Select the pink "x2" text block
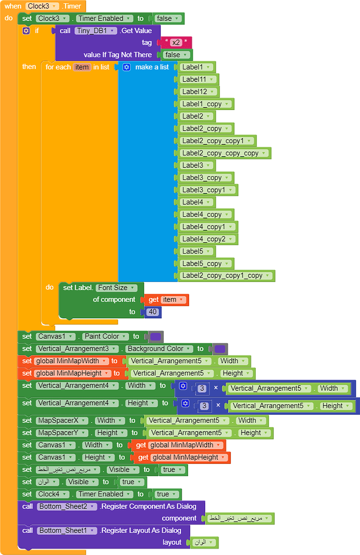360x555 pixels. pyautogui.click(x=176, y=42)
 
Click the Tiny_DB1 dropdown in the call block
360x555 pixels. pyautogui.click(x=95, y=30)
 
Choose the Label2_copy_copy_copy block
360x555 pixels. pyautogui.click(x=224, y=153)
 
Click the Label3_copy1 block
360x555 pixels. pyautogui.click(x=208, y=190)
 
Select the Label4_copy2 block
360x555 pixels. pyautogui.click(x=208, y=239)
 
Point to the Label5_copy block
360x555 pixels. pyautogui.click(x=205, y=263)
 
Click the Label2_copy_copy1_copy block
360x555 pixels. pyautogui.click(x=226, y=275)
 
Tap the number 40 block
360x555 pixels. pyautogui.click(x=153, y=312)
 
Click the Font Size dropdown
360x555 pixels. pyautogui.click(x=116, y=287)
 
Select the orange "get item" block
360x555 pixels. pyautogui.click(x=166, y=300)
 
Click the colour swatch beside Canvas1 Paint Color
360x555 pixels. pyautogui.click(x=155, y=337)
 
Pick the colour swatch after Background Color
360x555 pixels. pyautogui.click(x=220, y=349)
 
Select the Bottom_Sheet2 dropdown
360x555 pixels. pyautogui.click(x=67, y=506)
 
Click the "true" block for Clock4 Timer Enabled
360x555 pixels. pyautogui.click(x=165, y=494)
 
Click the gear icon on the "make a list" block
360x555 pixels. pyautogui.click(x=126, y=67)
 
